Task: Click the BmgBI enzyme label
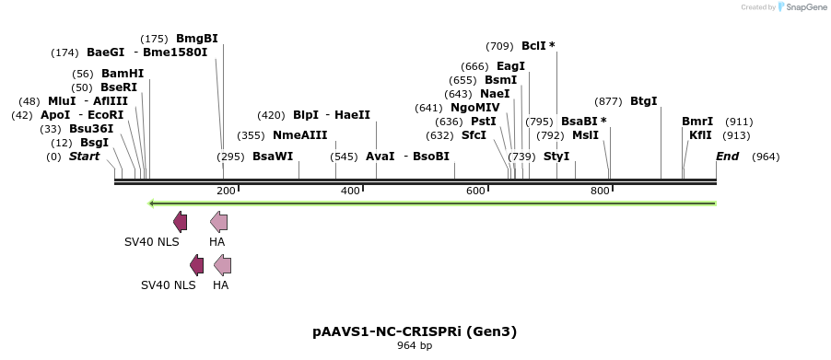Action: tap(196, 39)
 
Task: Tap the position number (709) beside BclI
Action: tap(499, 46)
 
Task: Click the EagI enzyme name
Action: tap(510, 66)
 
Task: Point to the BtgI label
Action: tap(644, 101)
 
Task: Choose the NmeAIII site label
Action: tap(299, 135)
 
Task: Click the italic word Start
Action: tap(84, 157)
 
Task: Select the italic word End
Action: tap(727, 157)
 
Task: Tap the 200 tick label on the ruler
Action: tap(226, 191)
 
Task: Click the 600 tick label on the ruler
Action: tap(475, 191)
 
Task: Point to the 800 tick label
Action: tap(600, 191)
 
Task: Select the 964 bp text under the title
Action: tap(415, 346)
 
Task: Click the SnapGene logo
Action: tap(800, 7)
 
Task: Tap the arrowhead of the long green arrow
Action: tap(153, 203)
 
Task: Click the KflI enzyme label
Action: tap(700, 135)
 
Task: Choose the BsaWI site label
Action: tap(273, 157)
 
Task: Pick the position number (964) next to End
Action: tap(766, 157)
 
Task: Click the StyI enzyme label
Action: tap(556, 157)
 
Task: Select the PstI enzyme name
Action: tap(484, 122)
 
